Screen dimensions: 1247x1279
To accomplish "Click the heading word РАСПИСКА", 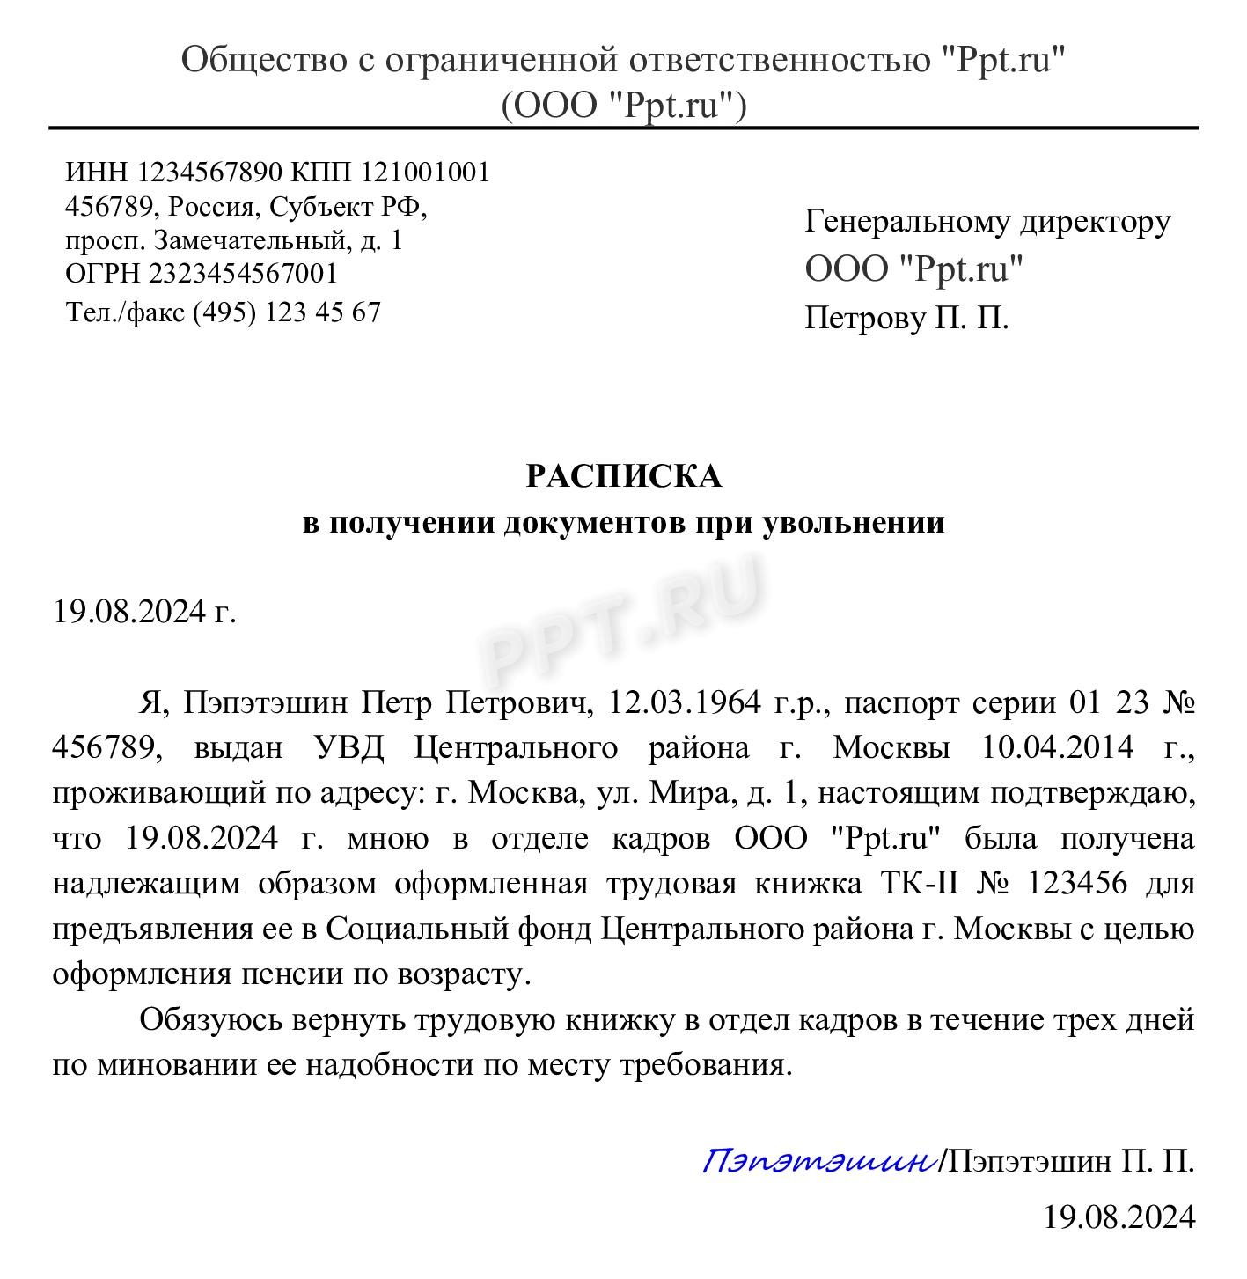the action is pyautogui.click(x=623, y=476).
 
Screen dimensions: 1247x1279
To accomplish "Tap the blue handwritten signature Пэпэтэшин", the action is pyautogui.click(x=818, y=1161).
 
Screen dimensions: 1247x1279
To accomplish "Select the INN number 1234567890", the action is pyautogui.click(x=210, y=172).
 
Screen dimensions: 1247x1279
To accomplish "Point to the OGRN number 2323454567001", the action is pyautogui.click(x=243, y=273).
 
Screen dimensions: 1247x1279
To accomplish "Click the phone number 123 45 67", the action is pyautogui.click(x=322, y=312).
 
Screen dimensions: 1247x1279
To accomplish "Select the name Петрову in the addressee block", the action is pyautogui.click(x=862, y=318).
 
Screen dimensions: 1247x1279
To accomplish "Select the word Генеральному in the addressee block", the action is pyautogui.click(x=906, y=222).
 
